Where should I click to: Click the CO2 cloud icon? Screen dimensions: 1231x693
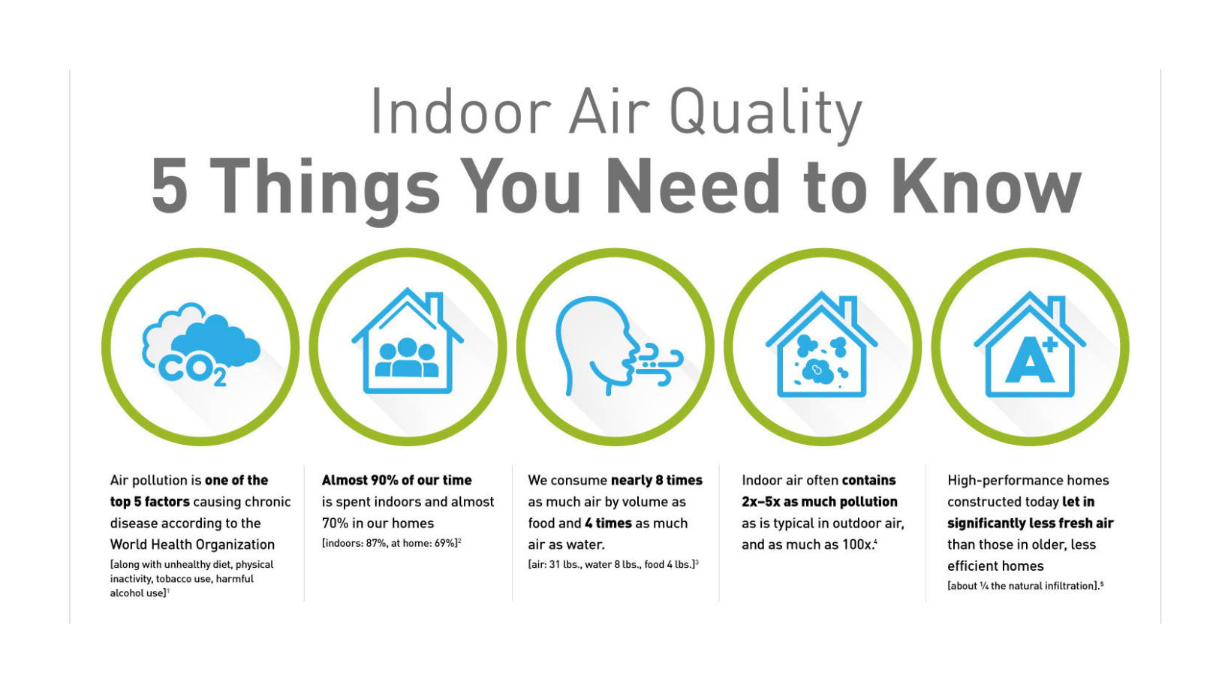(x=200, y=344)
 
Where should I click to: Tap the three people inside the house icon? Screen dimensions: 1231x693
(x=407, y=358)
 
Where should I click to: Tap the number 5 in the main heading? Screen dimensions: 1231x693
(x=170, y=187)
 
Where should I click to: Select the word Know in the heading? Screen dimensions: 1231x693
(x=986, y=186)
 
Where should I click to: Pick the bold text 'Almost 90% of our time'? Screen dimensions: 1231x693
(x=397, y=480)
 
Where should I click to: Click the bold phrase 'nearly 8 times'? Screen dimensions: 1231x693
(x=657, y=480)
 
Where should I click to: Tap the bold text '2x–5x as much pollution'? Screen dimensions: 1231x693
(x=820, y=501)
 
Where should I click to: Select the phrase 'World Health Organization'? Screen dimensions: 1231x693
(x=192, y=544)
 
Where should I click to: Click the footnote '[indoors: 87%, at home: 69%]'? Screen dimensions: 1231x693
(x=391, y=543)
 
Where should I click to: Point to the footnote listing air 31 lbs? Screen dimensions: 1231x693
(x=613, y=564)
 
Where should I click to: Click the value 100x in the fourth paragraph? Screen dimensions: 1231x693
(x=859, y=544)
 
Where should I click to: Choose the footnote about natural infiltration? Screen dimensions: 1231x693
(x=1025, y=586)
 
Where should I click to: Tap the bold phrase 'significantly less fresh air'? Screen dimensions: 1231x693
(x=1031, y=523)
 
